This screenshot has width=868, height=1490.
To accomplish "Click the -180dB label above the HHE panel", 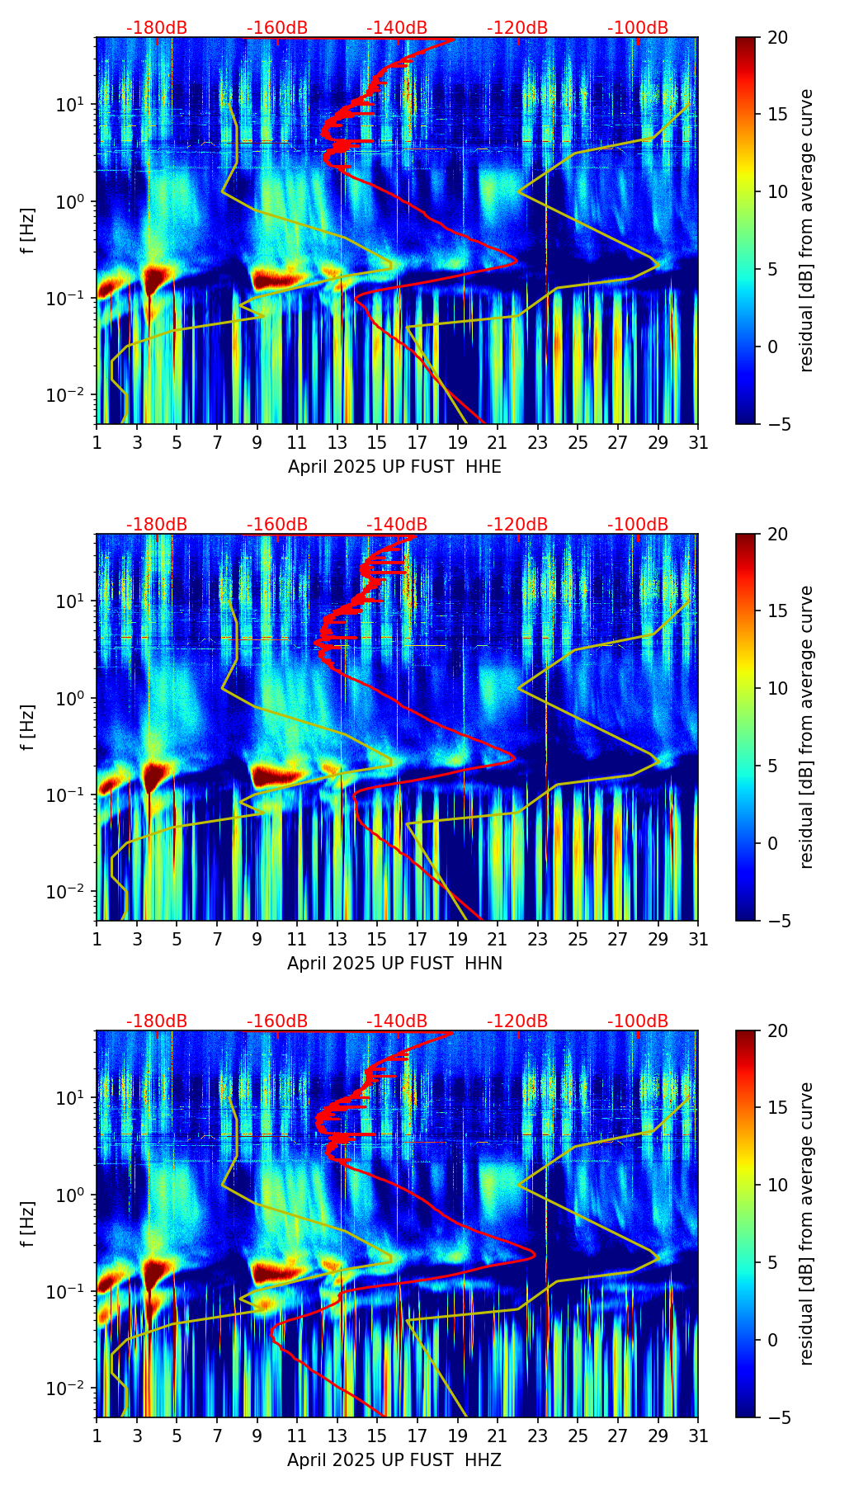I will tap(157, 28).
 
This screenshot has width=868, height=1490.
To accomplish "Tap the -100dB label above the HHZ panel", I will tap(638, 1021).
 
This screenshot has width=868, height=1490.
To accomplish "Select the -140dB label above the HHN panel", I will tap(397, 525).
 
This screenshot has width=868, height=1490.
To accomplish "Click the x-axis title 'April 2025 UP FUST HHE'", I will tap(394, 467).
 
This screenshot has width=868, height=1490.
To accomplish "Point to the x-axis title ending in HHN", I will tap(394, 964).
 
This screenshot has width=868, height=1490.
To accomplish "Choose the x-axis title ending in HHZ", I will tap(394, 1460).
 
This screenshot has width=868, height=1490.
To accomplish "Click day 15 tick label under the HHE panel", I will tap(377, 443).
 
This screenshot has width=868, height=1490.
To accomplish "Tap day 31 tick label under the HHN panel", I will tap(698, 940).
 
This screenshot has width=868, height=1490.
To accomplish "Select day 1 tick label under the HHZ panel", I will tap(97, 1436).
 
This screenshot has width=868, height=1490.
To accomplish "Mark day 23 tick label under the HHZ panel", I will tap(538, 1436).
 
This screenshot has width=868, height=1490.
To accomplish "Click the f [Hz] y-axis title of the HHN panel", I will tap(28, 727).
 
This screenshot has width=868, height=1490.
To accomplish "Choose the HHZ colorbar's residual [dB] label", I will tap(806, 1224).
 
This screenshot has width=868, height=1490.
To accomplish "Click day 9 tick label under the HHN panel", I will tap(257, 940).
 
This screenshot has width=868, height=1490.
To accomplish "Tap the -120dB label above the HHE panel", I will tap(517, 28).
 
